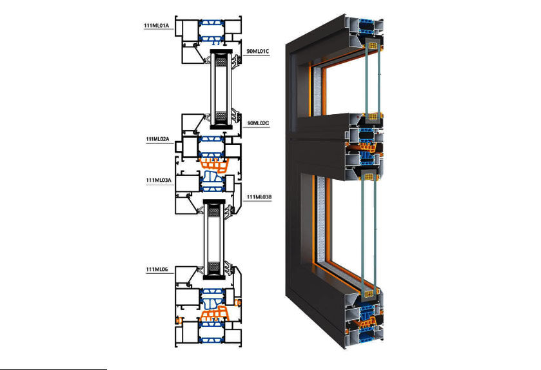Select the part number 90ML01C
click(x=258, y=50)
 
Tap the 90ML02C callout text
click(x=258, y=121)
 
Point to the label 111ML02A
click(x=157, y=139)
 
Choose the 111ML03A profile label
click(x=158, y=179)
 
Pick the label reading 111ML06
click(x=157, y=269)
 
